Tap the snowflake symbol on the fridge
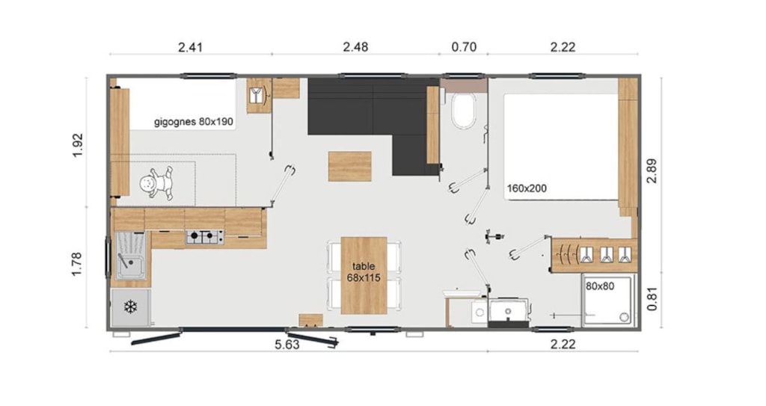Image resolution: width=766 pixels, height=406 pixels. pyautogui.click(x=130, y=307)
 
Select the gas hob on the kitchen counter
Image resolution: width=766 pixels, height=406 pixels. pyautogui.click(x=204, y=237)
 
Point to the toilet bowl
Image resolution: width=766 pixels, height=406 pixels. pyautogui.click(x=463, y=111)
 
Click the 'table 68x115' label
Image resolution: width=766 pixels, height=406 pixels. pyautogui.click(x=364, y=272)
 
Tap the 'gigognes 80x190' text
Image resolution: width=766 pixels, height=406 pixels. pyautogui.click(x=194, y=122)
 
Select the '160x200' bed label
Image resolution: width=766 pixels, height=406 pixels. pyautogui.click(x=527, y=188)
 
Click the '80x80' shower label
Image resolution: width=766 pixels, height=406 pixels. pyautogui.click(x=600, y=286)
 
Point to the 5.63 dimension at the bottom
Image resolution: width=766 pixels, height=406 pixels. pyautogui.click(x=287, y=345)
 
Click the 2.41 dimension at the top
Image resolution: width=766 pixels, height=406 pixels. pyautogui.click(x=191, y=47)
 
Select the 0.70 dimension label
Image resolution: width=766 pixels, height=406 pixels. pyautogui.click(x=464, y=47)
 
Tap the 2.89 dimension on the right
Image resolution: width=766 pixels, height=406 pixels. pyautogui.click(x=652, y=170)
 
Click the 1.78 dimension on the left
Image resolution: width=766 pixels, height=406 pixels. pyautogui.click(x=77, y=265)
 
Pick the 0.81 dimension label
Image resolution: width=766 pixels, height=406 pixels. pyautogui.click(x=652, y=298)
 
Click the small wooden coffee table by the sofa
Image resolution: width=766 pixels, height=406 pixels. pyautogui.click(x=350, y=166)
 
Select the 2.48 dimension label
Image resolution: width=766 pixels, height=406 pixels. pyautogui.click(x=355, y=47)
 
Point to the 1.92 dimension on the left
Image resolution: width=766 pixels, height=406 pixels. pyautogui.click(x=77, y=145)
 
